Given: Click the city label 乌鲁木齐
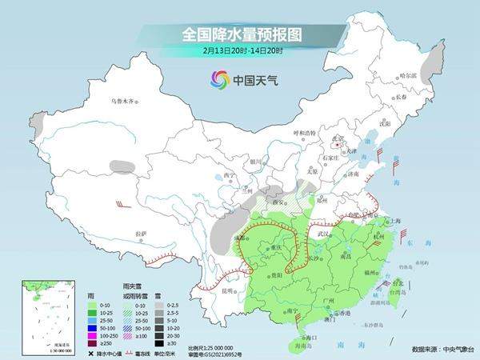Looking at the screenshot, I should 124,102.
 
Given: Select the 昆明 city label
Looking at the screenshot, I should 228,290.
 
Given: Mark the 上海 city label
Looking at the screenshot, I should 393,221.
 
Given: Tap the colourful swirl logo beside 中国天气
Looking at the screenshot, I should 219,79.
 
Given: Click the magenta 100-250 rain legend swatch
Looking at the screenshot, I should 93,336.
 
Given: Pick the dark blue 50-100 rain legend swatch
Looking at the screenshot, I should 93,328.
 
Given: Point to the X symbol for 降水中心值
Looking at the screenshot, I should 91,351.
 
